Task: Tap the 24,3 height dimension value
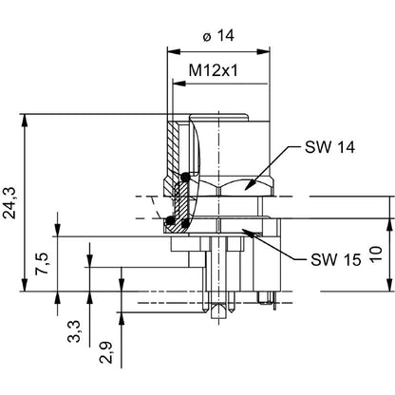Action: point(10,201)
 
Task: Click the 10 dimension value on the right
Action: point(377,255)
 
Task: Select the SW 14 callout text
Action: point(332,148)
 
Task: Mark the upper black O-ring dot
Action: point(186,178)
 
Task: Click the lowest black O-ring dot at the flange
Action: point(171,222)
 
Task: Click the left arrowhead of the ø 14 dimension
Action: point(171,51)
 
